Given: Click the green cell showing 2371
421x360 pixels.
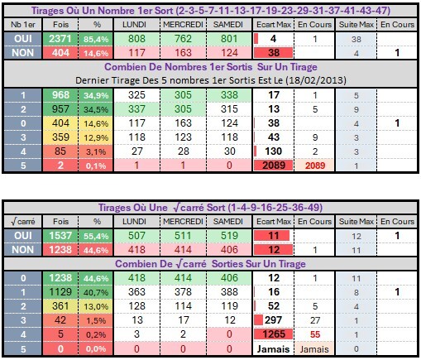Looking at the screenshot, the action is point(60,39).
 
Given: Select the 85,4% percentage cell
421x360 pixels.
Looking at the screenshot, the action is point(96,39).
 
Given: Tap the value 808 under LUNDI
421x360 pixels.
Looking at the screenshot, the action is point(136,39).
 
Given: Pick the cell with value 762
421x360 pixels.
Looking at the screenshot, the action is point(183,39).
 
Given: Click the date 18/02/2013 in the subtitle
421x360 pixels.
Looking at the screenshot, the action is point(315,80).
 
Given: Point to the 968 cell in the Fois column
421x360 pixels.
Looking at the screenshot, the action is point(60,95).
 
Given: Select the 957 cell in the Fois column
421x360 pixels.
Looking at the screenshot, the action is point(60,109).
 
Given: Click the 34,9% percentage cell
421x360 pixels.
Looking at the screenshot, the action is point(96,95).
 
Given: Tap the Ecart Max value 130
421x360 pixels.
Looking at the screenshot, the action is point(274,151).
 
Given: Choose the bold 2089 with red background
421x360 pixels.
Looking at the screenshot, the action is point(274,166).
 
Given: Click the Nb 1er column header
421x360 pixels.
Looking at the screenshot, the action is point(23,25).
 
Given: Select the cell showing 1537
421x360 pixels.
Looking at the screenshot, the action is point(60,236).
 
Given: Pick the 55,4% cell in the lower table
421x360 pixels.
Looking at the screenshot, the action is point(96,236).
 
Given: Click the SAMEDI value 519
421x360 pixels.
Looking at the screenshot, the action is point(229,236).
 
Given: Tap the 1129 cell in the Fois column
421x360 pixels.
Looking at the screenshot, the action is point(60,292).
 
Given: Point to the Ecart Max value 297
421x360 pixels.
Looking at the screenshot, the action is point(274,320).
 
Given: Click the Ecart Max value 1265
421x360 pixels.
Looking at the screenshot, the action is point(274,334).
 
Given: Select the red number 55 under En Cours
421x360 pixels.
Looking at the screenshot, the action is point(315,334).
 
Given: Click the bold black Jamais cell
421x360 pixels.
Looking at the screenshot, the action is point(274,349).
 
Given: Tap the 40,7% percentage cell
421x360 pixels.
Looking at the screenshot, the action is point(96,292).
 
